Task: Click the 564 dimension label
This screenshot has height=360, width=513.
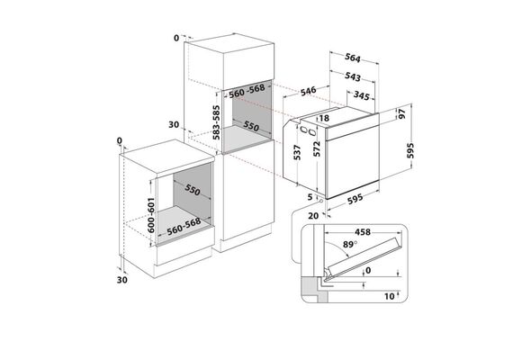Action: click(x=353, y=58)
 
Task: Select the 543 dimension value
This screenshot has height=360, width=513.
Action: click(x=353, y=76)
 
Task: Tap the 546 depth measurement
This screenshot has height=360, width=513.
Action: click(x=308, y=91)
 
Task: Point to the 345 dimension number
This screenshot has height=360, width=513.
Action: click(x=362, y=95)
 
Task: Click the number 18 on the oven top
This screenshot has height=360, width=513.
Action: click(x=324, y=118)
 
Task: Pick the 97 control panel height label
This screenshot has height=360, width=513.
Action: click(x=401, y=113)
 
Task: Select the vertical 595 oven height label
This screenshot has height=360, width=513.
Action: click(x=410, y=150)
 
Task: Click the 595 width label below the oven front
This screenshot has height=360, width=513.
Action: click(x=355, y=199)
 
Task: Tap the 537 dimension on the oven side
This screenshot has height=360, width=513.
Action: click(x=297, y=152)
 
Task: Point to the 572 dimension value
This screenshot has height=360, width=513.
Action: click(x=317, y=148)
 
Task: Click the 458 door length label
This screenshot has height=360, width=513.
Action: click(x=363, y=232)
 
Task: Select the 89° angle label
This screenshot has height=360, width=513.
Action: click(x=350, y=244)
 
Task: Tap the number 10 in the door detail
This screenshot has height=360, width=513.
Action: click(x=390, y=296)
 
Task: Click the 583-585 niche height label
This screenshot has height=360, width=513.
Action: click(x=216, y=122)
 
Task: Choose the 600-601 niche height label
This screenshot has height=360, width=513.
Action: click(x=151, y=215)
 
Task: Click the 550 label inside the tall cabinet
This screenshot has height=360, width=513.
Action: click(x=251, y=126)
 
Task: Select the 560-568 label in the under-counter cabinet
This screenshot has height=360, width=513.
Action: click(x=184, y=227)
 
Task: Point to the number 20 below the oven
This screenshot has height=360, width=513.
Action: click(x=313, y=216)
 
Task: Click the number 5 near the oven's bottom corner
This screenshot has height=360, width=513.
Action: click(x=310, y=197)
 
